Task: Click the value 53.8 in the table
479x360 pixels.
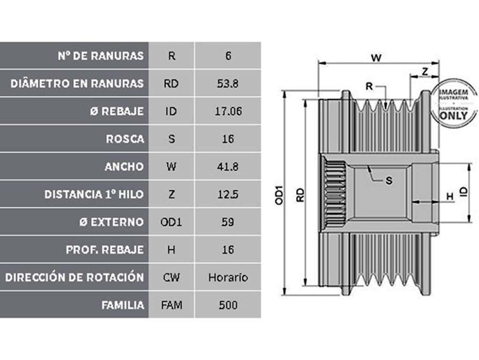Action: coord(228,83)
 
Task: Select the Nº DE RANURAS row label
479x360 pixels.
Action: coord(101,56)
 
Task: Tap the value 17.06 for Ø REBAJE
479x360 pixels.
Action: coord(228,111)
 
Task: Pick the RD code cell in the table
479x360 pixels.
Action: coord(171,83)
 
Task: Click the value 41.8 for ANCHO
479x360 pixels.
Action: coord(228,167)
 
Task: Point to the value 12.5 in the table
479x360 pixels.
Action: coord(228,194)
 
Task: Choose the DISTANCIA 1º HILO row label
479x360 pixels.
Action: coord(94,194)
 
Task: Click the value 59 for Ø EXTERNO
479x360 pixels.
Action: coord(228,222)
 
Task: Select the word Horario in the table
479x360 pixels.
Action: coord(228,278)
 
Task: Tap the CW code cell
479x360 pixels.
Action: coord(171,278)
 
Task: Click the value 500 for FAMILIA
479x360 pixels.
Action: coord(228,305)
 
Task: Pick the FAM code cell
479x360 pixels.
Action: coord(172,305)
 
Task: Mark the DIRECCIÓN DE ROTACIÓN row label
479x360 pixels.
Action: coord(74,277)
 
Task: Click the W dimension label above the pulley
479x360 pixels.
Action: coord(376,58)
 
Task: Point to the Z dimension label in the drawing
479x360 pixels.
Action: coord(425,72)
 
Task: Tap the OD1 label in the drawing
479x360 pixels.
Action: coord(279,195)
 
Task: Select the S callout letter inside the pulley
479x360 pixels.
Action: coord(389,180)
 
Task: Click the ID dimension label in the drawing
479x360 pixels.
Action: coord(464,191)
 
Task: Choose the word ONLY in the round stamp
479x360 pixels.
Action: coord(454,115)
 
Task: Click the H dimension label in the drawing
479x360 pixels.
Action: coord(450,196)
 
